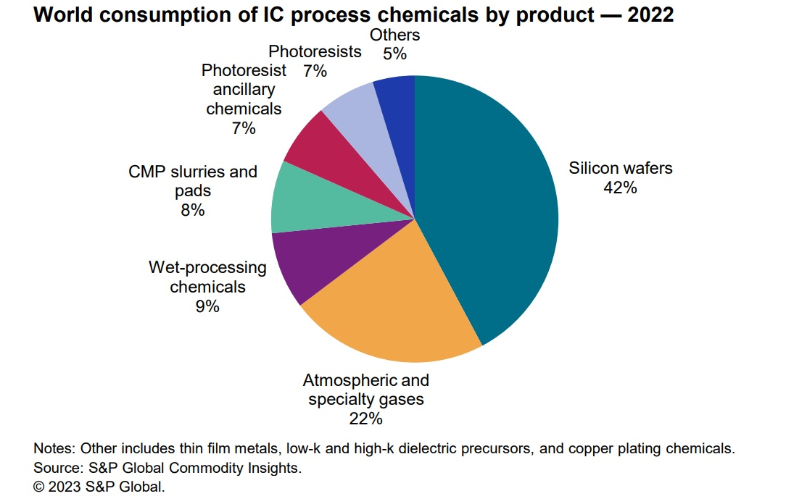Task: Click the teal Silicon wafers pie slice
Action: tap(493, 210)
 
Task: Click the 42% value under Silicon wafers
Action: tap(620, 188)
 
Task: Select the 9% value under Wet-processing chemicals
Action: tap(207, 306)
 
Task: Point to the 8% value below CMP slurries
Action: tap(192, 210)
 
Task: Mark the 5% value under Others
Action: tap(394, 53)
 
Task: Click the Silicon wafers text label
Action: tap(621, 169)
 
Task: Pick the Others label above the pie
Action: tap(394, 35)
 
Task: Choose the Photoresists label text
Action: tap(315, 52)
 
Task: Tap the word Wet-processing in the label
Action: tap(207, 268)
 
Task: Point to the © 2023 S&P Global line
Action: tap(99, 487)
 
